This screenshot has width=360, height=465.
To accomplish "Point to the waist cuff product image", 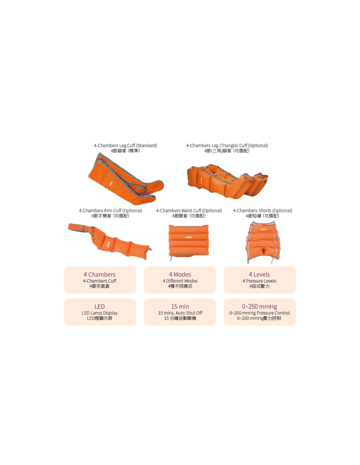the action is click(189, 242).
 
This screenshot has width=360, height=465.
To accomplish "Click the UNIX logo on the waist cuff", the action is click(189, 237).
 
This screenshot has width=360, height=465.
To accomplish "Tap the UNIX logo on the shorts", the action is click(264, 230).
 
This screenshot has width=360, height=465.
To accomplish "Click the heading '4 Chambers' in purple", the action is click(99, 274).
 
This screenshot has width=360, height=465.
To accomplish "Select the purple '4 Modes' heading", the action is click(180, 274).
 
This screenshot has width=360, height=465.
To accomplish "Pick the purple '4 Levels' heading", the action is click(259, 274).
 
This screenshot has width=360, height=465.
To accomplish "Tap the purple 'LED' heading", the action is click(99, 306).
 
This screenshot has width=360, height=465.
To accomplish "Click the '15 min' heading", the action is click(180, 306).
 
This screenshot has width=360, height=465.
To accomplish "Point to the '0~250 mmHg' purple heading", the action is click(259, 307).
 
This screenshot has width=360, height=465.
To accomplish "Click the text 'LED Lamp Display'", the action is click(99, 313).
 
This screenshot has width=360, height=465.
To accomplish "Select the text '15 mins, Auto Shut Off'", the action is click(180, 313).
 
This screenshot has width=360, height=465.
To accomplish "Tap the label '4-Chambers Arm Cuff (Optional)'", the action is click(111, 211).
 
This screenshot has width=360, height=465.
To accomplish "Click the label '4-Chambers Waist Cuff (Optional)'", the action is click(189, 211).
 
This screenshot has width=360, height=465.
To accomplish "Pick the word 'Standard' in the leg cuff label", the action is click(147, 146).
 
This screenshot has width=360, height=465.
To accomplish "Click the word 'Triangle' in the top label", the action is click(229, 146).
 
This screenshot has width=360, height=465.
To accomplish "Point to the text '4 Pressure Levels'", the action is click(259, 281).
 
